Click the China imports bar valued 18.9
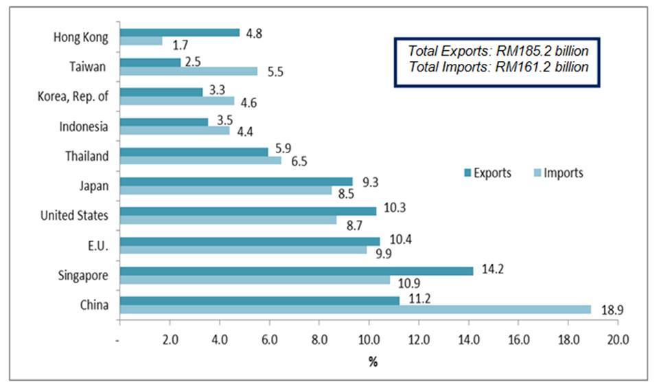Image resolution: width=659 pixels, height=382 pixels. coord(355,309)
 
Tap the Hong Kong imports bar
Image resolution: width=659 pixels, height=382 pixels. coord(141,41)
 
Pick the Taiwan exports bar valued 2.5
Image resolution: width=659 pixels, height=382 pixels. coord(150,62)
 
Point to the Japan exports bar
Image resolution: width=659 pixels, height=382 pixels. coord(236,181)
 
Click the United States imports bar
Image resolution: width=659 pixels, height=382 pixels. coord(229,221)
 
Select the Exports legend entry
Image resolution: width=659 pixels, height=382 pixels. coord(487,172)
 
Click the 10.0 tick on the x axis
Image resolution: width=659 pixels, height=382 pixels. coord(369,338)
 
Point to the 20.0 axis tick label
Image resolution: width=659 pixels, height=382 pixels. coord(618,338)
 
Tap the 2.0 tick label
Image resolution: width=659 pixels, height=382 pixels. coord(169,338)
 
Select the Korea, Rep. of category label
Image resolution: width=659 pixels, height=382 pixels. coord(73,96)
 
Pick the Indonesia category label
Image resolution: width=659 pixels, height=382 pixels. coord(84,126)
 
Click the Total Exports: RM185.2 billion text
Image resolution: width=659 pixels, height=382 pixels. coord(498,51)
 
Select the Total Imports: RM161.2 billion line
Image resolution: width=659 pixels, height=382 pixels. coord(498,67)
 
